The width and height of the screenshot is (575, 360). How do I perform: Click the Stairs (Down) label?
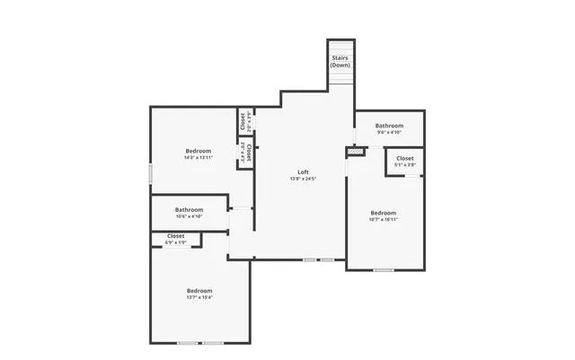pyautogui.click(x=341, y=62)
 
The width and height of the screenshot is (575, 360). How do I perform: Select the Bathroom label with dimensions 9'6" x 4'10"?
pyautogui.click(x=389, y=126)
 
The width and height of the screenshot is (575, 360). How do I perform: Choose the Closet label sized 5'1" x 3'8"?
pyautogui.click(x=405, y=158)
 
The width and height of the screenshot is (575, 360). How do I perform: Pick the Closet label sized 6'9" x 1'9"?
pyautogui.click(x=176, y=236)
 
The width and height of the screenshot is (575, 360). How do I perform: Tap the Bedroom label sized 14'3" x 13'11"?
pyautogui.click(x=199, y=150)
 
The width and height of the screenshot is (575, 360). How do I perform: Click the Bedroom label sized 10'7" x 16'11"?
pyautogui.click(x=383, y=213)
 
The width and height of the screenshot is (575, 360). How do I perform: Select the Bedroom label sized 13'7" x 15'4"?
pyautogui.click(x=199, y=290)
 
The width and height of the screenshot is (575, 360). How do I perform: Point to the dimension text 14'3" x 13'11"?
pyautogui.click(x=199, y=157)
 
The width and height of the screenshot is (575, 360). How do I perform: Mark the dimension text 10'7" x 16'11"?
pyautogui.click(x=383, y=219)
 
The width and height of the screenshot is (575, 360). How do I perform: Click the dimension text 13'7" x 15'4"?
pyautogui.click(x=199, y=297)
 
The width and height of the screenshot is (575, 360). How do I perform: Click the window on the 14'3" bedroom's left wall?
pyautogui.click(x=150, y=174)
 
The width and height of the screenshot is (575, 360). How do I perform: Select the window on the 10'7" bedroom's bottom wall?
pyautogui.click(x=384, y=269)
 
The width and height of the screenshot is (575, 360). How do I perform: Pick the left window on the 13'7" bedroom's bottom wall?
pyautogui.click(x=188, y=343)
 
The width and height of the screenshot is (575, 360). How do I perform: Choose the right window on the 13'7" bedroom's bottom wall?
pyautogui.click(x=213, y=343)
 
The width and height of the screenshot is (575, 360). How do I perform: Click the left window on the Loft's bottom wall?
pyautogui.click(x=309, y=259)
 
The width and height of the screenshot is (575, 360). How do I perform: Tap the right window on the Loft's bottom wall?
pyautogui.click(x=327, y=259)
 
